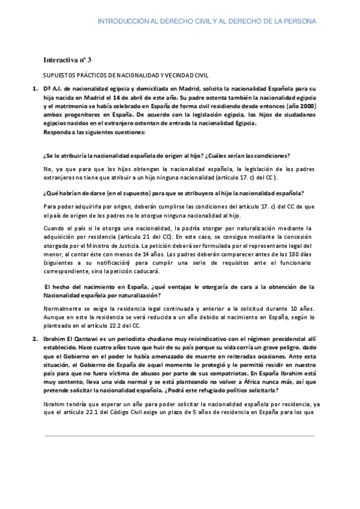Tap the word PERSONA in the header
point(298,22)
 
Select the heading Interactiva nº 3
point(67,60)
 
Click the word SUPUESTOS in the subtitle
point(60,77)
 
